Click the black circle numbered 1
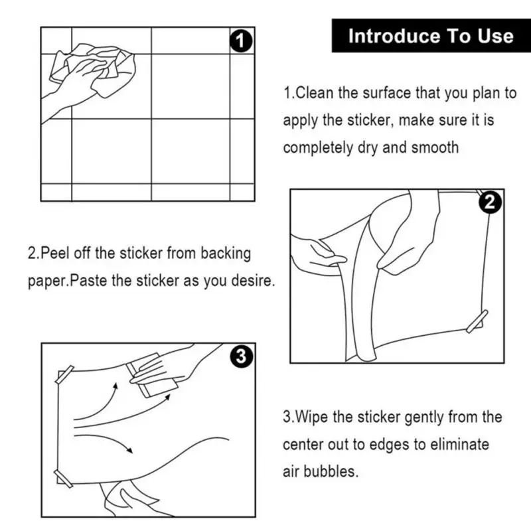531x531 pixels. tap(241, 41)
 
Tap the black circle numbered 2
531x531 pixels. tap(490, 202)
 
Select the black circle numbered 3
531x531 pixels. tap(241, 356)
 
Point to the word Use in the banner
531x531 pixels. tap(496, 36)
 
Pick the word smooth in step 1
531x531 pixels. tap(435, 147)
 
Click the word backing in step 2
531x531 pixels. tap(226, 254)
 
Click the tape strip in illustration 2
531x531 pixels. tap(477, 321)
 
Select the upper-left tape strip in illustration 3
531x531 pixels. tap(64, 375)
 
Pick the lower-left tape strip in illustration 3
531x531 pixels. tap(63, 479)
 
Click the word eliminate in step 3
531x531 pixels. tap(460, 444)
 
